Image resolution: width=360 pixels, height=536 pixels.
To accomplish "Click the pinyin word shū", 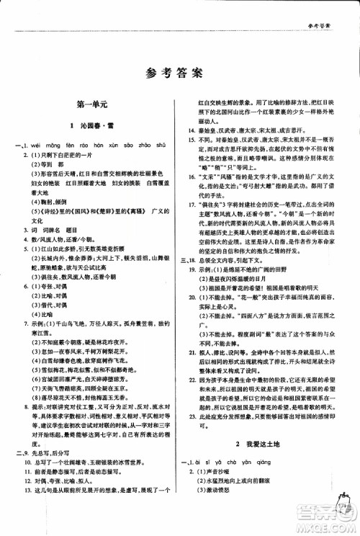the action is coord(163,143).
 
